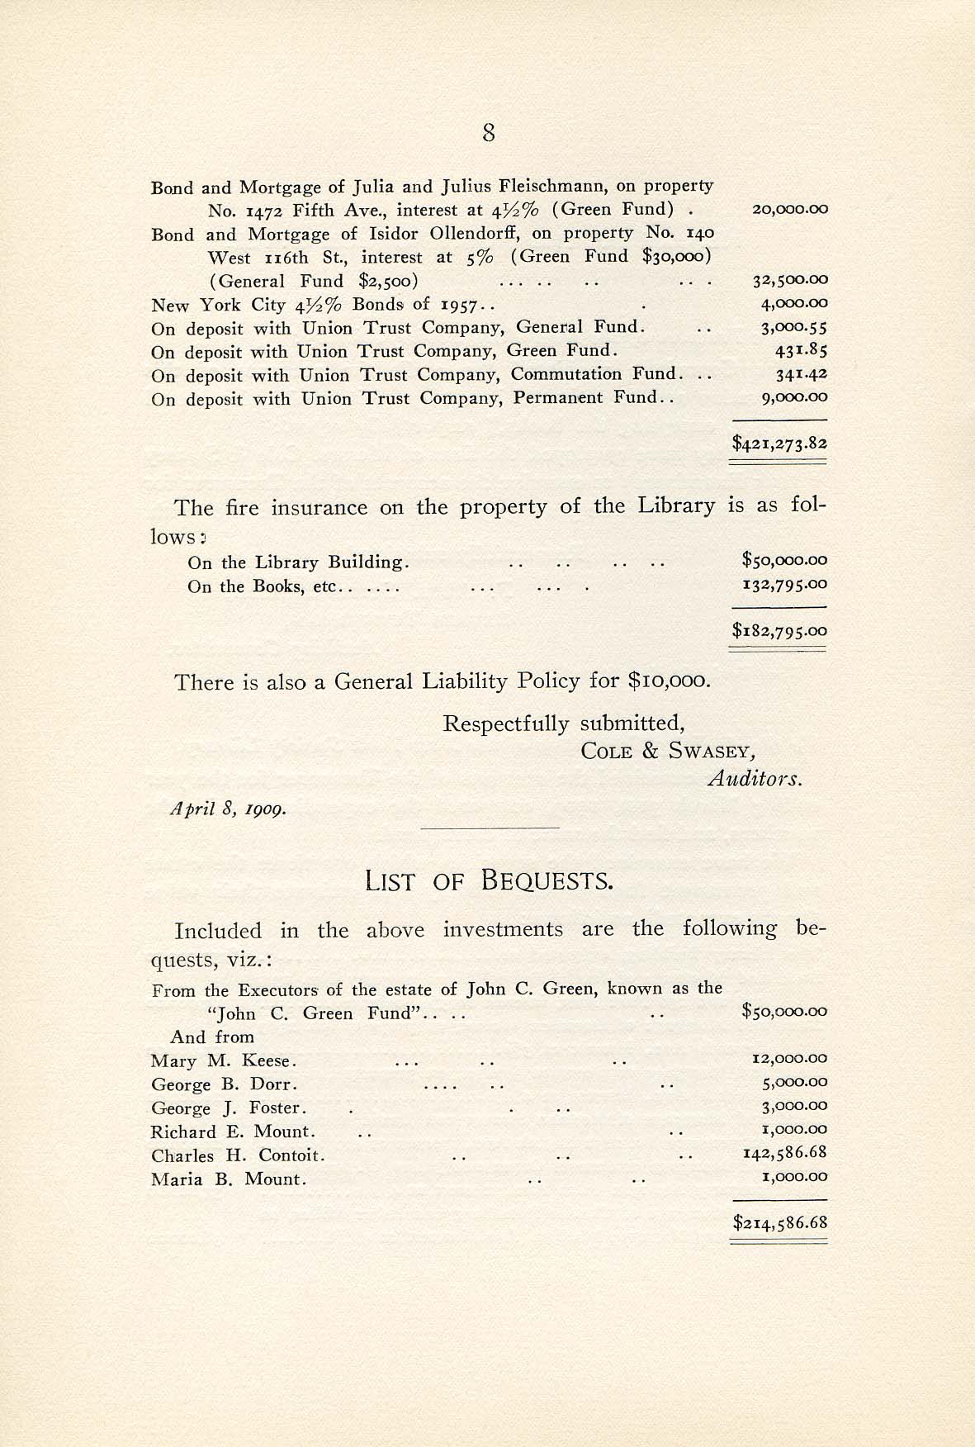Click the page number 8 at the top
pyautogui.click(x=489, y=133)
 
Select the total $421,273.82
pyautogui.click(x=779, y=444)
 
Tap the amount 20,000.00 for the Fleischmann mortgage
pyautogui.click(x=790, y=210)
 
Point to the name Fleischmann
pyautogui.click(x=553, y=187)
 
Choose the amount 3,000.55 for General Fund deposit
pyautogui.click(x=793, y=328)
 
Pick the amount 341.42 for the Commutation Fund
pyautogui.click(x=801, y=374)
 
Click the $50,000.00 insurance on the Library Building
pyautogui.click(x=784, y=561)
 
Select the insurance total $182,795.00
pyautogui.click(x=779, y=632)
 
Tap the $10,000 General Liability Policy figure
pyautogui.click(x=668, y=681)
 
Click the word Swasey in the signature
pyautogui.click(x=711, y=752)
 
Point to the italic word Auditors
pyautogui.click(x=755, y=778)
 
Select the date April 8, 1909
pyautogui.click(x=229, y=809)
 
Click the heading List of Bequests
pyautogui.click(x=489, y=881)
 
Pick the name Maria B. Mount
pyautogui.click(x=229, y=1179)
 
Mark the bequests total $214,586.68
pyautogui.click(x=779, y=1223)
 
